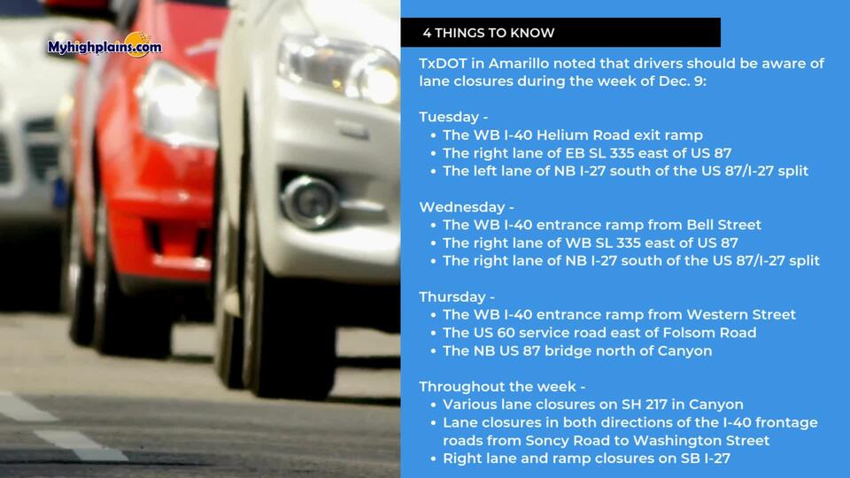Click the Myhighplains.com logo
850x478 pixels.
pyautogui.click(x=104, y=45)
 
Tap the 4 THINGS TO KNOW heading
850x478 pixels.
pyautogui.click(x=489, y=33)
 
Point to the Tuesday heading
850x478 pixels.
pyautogui.click(x=449, y=118)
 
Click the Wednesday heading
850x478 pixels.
pyautogui.click(x=462, y=207)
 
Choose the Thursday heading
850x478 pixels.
pyautogui.click(x=452, y=297)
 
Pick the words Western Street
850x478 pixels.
pyautogui.click(x=741, y=315)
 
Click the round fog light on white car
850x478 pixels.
pyautogui.click(x=310, y=202)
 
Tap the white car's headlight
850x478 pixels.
pyautogui.click(x=338, y=69)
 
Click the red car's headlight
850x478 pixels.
pyautogui.click(x=177, y=103)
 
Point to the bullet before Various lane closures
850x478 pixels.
pyautogui.click(x=433, y=405)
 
